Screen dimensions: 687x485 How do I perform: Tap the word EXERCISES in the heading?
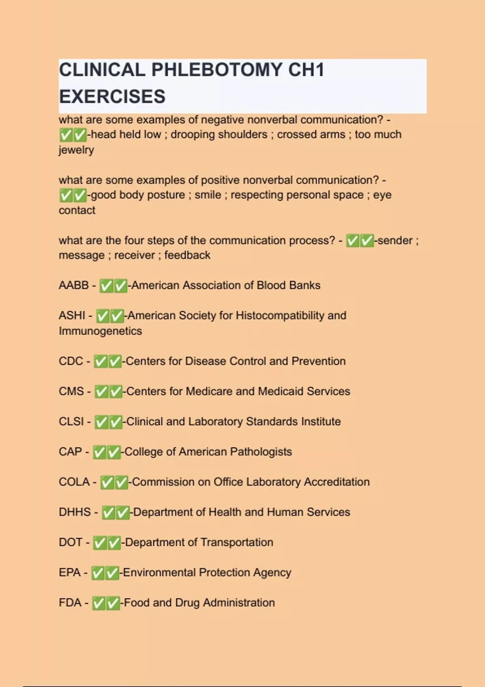click(x=112, y=97)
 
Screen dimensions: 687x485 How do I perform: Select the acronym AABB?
click(x=74, y=285)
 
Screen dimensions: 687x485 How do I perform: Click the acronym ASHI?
click(x=72, y=316)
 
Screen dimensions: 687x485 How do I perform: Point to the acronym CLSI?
click(x=72, y=421)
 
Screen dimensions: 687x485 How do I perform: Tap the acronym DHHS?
click(x=75, y=512)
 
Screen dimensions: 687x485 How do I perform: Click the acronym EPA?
click(x=70, y=573)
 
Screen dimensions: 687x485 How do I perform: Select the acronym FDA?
click(x=70, y=603)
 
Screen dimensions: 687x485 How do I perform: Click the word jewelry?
click(x=76, y=150)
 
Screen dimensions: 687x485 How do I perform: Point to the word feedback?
click(x=187, y=255)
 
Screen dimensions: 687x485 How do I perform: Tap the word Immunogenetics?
click(x=100, y=331)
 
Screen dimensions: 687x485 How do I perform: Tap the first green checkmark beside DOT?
click(x=99, y=543)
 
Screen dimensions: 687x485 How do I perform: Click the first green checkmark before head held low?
click(x=65, y=135)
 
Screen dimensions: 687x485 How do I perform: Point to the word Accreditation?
click(x=337, y=482)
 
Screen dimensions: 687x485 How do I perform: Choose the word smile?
click(x=208, y=195)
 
